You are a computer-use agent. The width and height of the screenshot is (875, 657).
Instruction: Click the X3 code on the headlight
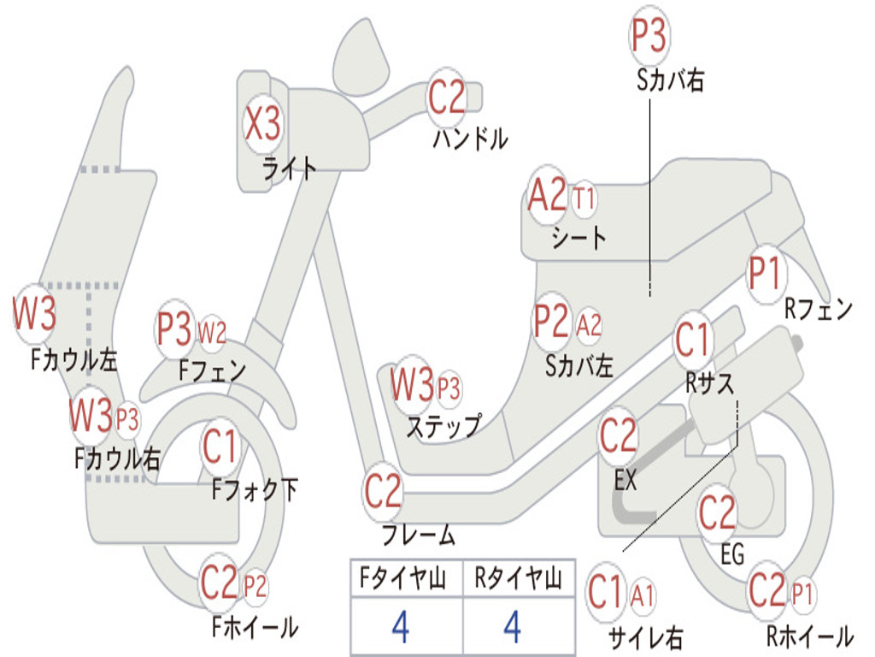point(262,124)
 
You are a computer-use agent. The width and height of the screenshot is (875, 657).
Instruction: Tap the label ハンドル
point(470,138)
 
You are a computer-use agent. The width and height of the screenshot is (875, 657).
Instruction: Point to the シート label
point(578,237)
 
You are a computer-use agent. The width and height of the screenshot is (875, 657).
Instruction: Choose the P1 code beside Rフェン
point(766,275)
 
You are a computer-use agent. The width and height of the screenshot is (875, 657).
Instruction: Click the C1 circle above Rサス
point(693,340)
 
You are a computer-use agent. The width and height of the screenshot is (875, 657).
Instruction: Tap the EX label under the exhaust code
point(625,480)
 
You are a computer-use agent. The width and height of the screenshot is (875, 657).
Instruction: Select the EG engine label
point(731,554)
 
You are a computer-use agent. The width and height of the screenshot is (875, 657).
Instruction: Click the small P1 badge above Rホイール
point(802,592)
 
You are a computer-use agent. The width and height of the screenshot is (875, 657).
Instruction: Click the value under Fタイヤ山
point(400,627)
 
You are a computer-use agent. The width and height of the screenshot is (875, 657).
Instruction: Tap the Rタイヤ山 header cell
point(517,579)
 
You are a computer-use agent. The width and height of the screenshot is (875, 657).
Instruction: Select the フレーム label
point(418,536)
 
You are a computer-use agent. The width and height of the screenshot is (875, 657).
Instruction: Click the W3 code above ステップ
point(412,385)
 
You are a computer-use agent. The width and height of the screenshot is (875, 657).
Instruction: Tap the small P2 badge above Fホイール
point(255,587)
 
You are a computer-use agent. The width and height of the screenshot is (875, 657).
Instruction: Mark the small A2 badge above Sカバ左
point(590,324)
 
